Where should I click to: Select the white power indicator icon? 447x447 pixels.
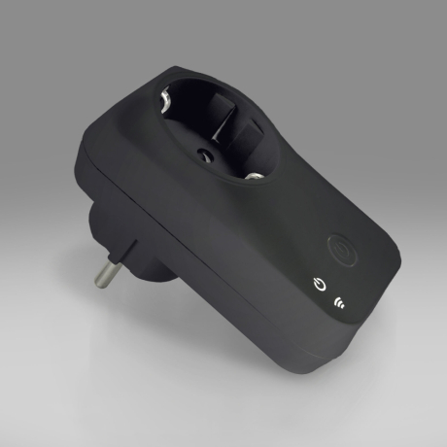click(320, 285)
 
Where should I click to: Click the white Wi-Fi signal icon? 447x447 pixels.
click(339, 301)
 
